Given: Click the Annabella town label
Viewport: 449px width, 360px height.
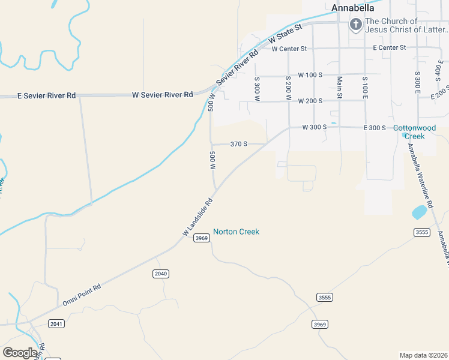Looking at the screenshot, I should pos(353,8).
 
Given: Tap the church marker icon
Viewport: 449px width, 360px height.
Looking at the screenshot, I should pos(355,25).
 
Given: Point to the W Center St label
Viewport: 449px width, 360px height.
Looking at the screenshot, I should pos(289,49).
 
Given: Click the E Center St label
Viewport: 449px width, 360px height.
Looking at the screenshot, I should pos(389,47).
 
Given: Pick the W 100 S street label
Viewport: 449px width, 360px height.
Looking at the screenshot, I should pos(311,75).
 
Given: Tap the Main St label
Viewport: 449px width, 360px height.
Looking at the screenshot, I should pos(339,87).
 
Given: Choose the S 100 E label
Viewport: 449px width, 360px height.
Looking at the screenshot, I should pos(364,88).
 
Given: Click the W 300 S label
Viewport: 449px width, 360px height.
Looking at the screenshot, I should pos(314,127).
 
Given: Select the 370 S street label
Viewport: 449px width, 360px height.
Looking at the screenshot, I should pos(239,144).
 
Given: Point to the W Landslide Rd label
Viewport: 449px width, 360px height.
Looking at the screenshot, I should pos(198,217).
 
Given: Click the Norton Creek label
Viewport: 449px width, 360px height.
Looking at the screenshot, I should pos(236,232).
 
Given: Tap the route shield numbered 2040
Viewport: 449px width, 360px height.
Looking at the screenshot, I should pos(160,274).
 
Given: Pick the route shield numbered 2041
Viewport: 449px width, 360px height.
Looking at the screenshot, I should pos(57,323).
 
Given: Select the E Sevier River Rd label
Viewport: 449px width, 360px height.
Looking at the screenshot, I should pos(47,95).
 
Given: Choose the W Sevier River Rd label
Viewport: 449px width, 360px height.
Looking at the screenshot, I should pos(162,95).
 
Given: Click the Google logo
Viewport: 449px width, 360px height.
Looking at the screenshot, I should pos(20,353).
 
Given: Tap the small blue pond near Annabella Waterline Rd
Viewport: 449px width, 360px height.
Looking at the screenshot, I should pos(419,212).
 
